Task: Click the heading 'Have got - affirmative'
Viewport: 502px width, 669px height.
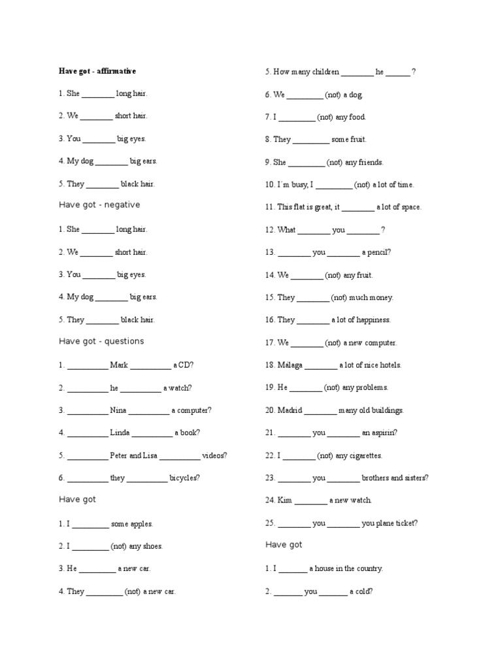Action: coord(97,71)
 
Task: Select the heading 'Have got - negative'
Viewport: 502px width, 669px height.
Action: coord(99,204)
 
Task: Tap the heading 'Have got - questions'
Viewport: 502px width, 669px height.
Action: coord(101,341)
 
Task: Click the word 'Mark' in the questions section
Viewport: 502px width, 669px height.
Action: coord(119,365)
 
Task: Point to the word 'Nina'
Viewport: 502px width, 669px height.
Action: coord(118,410)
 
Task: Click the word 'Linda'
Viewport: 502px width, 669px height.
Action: coord(120,432)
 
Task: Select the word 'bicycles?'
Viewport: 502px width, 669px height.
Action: coord(184,478)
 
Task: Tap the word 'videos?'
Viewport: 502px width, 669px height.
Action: coord(214,455)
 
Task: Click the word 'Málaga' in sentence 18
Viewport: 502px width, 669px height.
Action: coord(290,365)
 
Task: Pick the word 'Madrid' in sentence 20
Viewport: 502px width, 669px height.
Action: coord(290,410)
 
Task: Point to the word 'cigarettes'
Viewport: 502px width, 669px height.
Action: coord(359,455)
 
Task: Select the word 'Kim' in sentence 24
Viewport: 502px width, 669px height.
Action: coord(284,500)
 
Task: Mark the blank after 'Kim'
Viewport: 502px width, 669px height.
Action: coord(310,500)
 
